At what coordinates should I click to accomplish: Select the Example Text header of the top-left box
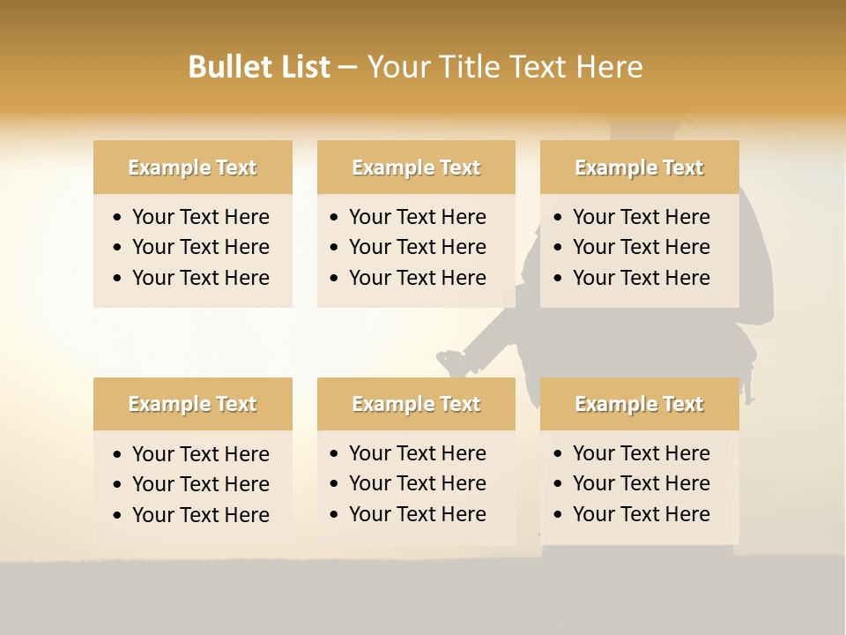(x=192, y=168)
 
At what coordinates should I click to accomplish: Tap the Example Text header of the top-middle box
(x=416, y=168)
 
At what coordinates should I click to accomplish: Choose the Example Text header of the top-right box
(x=639, y=168)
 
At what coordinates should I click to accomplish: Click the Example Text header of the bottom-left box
(x=192, y=404)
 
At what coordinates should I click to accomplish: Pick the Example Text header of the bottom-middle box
(x=416, y=404)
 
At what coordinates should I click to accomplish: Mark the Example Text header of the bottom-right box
(x=639, y=404)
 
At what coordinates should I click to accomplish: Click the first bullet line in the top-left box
(x=200, y=217)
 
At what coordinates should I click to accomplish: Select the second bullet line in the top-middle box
(x=417, y=247)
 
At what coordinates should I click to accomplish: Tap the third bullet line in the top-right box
(x=641, y=278)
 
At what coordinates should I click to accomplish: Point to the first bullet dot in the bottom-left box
(x=118, y=455)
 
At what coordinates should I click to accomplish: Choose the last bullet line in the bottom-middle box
(x=417, y=514)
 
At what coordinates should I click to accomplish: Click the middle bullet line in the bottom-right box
(x=641, y=483)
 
